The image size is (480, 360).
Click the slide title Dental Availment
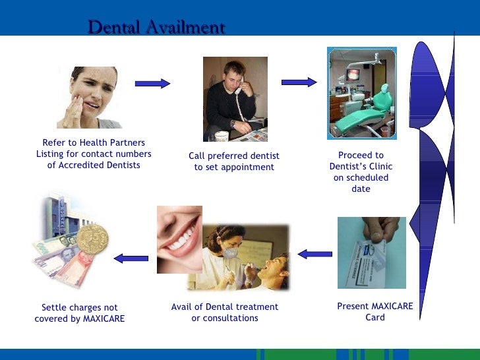(x=156, y=28)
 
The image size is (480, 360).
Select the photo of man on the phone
(x=235, y=99)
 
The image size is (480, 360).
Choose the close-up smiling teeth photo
(x=179, y=239)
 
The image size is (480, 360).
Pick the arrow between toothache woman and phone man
(x=152, y=83)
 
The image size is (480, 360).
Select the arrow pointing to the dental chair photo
(x=299, y=82)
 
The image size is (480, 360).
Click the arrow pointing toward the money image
(x=131, y=258)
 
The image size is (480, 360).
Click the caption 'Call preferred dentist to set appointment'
(x=234, y=162)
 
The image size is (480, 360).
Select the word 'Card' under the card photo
(x=375, y=317)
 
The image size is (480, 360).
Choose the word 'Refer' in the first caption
(x=55, y=142)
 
